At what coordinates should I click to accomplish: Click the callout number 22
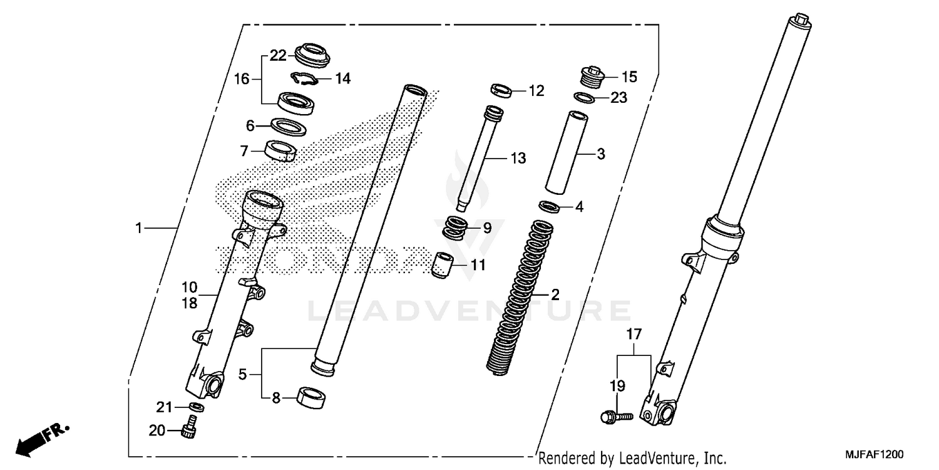(x=278, y=56)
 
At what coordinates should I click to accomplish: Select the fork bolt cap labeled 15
(x=592, y=77)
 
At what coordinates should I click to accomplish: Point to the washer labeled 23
(x=585, y=97)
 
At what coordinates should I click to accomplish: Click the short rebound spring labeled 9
(x=456, y=227)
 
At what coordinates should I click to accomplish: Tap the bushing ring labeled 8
(x=311, y=397)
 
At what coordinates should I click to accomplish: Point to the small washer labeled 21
(x=196, y=407)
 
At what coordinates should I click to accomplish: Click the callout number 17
(x=634, y=335)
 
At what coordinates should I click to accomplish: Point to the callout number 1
(x=140, y=228)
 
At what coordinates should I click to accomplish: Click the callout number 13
(x=518, y=159)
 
